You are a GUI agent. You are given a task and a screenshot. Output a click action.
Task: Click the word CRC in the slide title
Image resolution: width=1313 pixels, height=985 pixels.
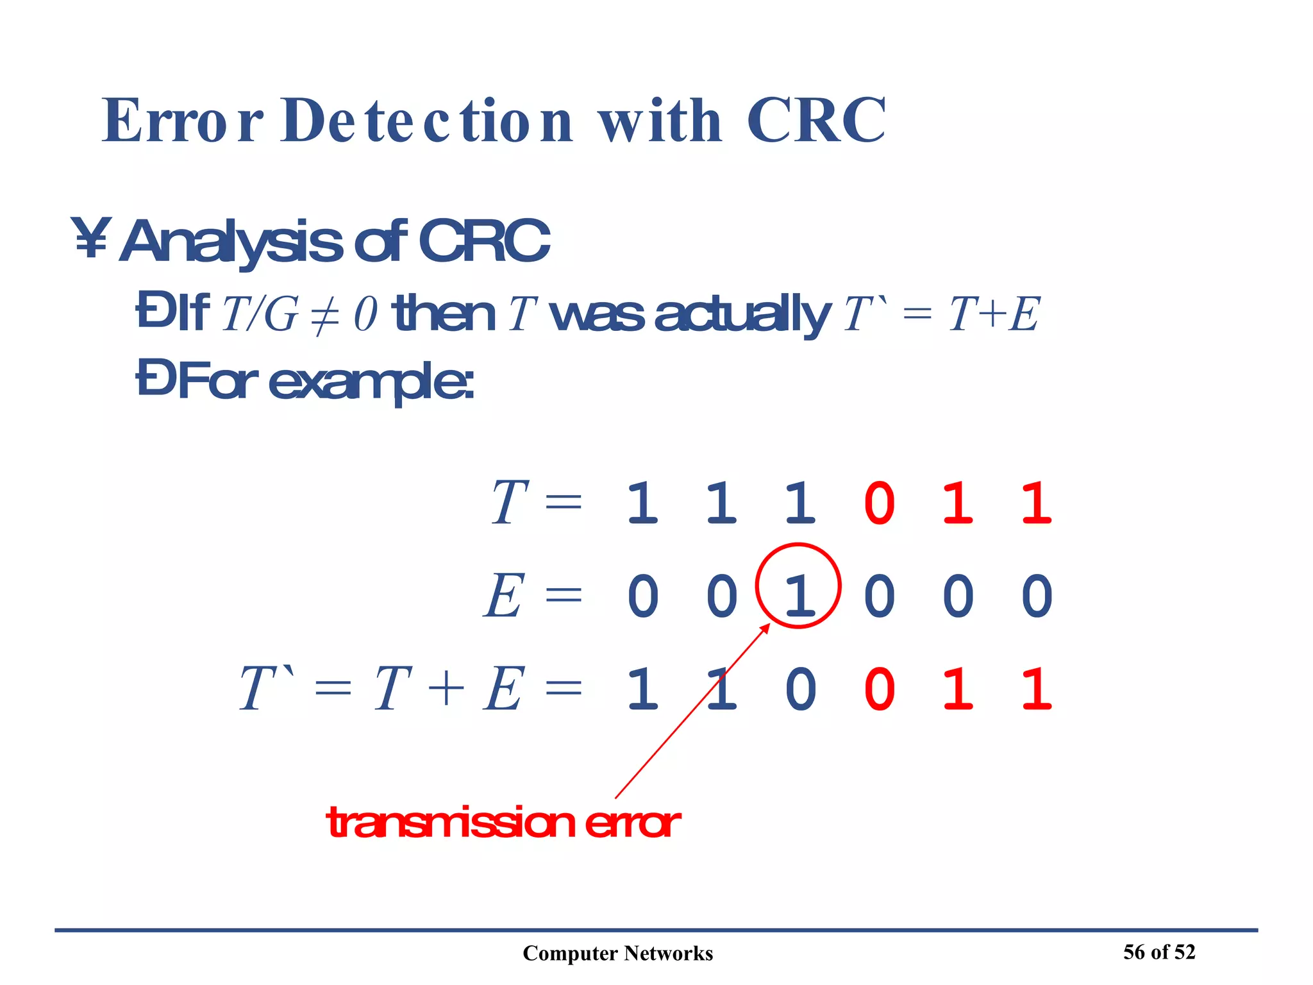pos(815,121)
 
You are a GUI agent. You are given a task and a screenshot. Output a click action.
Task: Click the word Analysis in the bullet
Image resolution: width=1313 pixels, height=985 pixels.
pos(231,242)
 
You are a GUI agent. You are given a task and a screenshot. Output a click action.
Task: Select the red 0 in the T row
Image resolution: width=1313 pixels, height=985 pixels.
pos(879,503)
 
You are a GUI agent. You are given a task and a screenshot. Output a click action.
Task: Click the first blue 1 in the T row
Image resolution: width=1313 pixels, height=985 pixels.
pos(642,503)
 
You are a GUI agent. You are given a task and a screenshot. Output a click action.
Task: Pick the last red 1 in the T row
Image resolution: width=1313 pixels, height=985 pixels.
pos(1037,503)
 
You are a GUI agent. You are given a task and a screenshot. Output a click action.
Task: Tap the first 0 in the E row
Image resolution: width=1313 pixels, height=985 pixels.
pos(642,596)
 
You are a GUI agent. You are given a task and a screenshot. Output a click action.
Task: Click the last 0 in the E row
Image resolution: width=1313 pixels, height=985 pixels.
pos(1037,596)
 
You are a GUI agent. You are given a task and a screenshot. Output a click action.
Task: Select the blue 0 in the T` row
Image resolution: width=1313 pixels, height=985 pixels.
pos(800,689)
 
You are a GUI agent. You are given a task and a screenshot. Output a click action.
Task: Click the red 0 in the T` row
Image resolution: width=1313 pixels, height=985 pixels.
pos(879,689)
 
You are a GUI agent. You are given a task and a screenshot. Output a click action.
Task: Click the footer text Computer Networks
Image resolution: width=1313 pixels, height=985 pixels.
pos(617,953)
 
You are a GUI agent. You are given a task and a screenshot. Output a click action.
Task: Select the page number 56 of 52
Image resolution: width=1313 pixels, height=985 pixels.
pos(1158,952)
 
